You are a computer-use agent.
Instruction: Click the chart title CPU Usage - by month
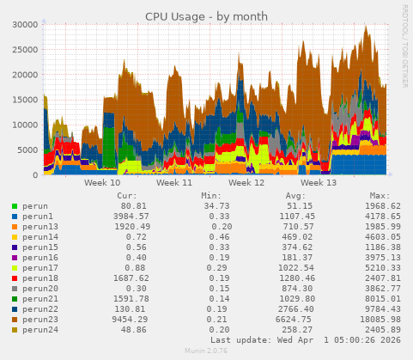(205, 16)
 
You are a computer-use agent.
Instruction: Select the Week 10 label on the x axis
(103, 183)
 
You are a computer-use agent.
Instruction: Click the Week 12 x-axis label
(247, 183)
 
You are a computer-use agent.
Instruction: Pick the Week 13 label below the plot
(319, 183)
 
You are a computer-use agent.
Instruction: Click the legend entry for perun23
(40, 320)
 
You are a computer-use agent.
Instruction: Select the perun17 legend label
(40, 268)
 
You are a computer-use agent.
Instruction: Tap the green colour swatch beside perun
(15, 206)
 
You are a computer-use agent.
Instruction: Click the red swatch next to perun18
(15, 278)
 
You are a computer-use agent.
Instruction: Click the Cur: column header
(127, 196)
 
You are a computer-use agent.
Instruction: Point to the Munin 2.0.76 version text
(206, 351)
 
